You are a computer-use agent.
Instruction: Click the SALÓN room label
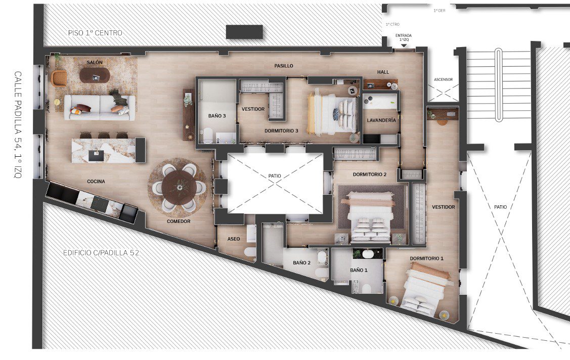[95, 63]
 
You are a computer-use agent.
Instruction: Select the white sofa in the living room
[99, 108]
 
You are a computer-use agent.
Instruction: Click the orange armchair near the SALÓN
[59, 78]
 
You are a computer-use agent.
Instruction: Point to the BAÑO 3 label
[217, 116]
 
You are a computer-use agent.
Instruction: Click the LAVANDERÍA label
[381, 120]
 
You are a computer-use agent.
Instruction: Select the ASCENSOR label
[443, 79]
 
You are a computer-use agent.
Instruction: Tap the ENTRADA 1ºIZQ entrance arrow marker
[404, 45]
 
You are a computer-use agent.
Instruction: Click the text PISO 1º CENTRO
[95, 33]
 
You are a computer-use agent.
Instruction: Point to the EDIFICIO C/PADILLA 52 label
[101, 253]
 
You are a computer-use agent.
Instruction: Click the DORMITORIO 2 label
[369, 174]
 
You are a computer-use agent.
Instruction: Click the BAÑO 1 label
[359, 271]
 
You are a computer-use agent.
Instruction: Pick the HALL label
[383, 72]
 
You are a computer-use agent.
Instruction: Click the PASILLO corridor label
[284, 66]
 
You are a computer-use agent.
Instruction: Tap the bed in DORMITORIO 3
[332, 114]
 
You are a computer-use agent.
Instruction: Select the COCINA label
[96, 182]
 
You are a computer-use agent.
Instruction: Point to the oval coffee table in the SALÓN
[95, 75]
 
